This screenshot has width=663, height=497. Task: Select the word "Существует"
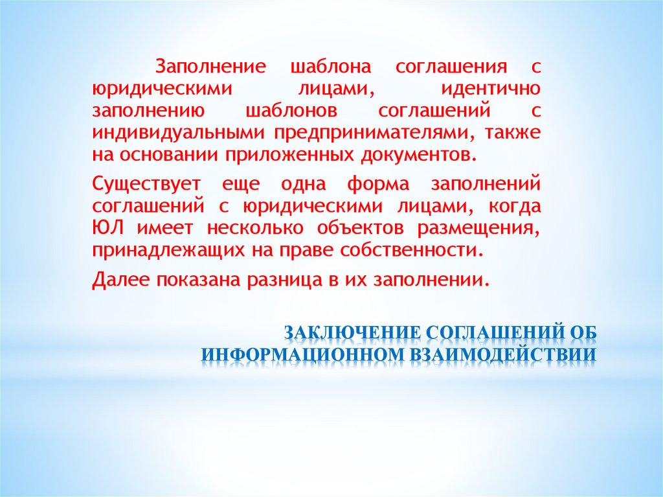click(146, 183)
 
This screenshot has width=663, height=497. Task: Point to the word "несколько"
click(255, 228)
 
